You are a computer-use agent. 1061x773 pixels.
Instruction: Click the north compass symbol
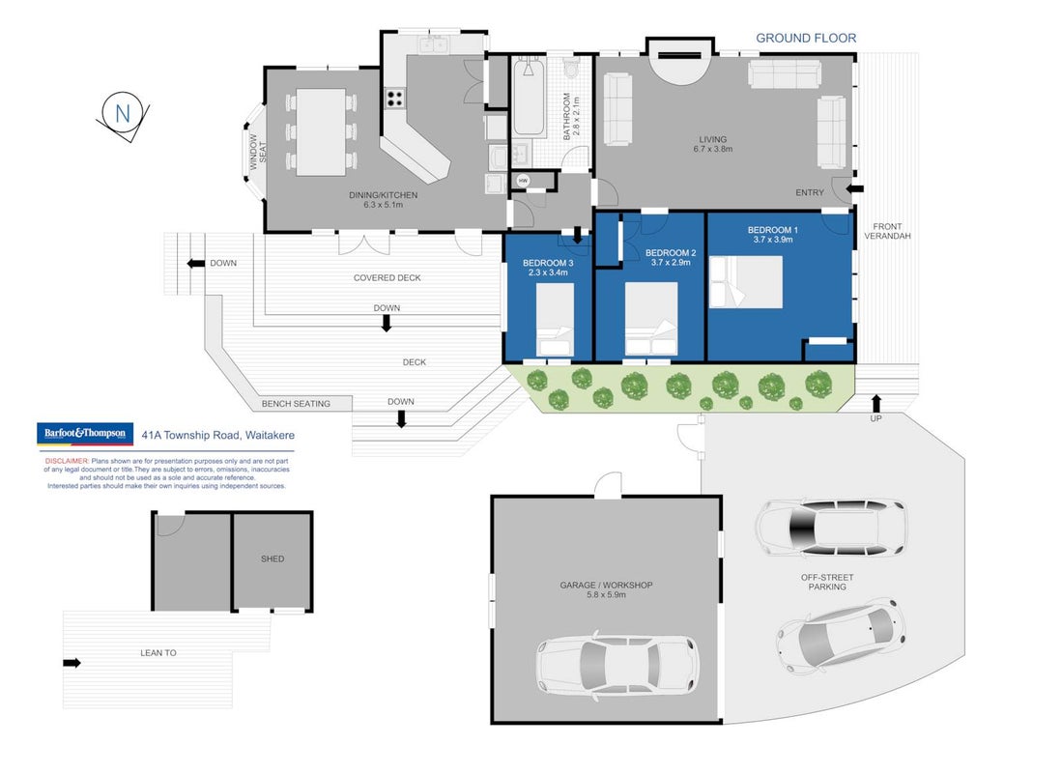(123, 115)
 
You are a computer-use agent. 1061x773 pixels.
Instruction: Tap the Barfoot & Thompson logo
(85, 433)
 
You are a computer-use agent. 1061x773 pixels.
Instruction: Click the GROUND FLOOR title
(806, 38)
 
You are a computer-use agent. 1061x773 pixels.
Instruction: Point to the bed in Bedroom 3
(555, 319)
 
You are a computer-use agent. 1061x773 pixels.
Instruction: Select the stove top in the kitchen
(395, 99)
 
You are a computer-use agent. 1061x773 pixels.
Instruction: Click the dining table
(321, 132)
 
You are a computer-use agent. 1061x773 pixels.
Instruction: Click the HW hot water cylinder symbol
(523, 181)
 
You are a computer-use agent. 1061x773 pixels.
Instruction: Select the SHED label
(272, 558)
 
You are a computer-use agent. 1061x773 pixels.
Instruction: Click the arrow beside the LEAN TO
(72, 663)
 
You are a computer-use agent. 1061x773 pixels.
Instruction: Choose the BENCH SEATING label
(296, 404)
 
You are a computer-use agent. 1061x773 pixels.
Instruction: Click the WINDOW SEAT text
(258, 152)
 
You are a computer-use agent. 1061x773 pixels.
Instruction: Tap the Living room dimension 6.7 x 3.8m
(712, 149)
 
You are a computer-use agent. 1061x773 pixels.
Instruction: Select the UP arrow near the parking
(876, 404)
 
